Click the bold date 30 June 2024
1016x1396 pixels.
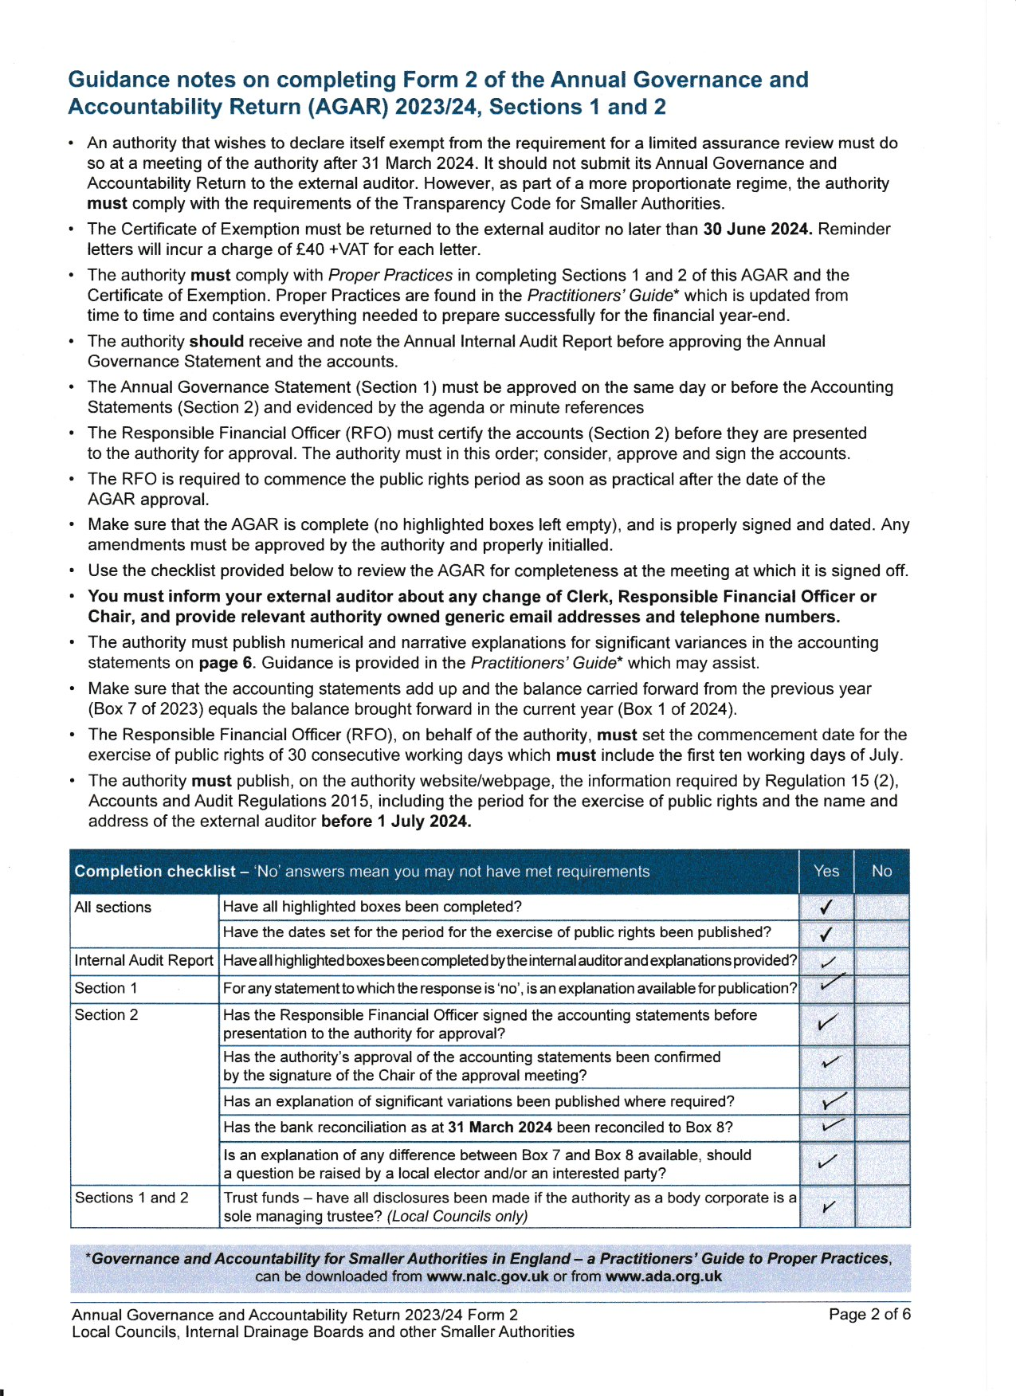[x=757, y=229]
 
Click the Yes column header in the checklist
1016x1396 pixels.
[x=826, y=871]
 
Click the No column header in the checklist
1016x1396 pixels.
[x=881, y=871]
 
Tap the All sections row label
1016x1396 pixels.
[x=112, y=908]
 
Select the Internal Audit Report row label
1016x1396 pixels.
[x=143, y=961]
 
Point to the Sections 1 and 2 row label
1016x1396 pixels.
[x=131, y=1198]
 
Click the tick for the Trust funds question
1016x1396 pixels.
[x=828, y=1207]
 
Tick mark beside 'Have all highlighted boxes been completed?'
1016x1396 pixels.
[x=827, y=907]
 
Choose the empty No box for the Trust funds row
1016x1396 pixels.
[x=881, y=1207]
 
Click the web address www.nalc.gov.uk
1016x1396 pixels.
[x=488, y=1276]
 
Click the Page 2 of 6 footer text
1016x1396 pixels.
[x=869, y=1314]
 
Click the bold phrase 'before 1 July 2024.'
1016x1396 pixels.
[x=396, y=822]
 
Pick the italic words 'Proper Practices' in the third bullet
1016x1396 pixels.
[x=390, y=276]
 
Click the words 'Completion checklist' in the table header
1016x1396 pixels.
[x=155, y=872]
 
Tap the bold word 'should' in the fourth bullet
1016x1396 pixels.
[x=216, y=342]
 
